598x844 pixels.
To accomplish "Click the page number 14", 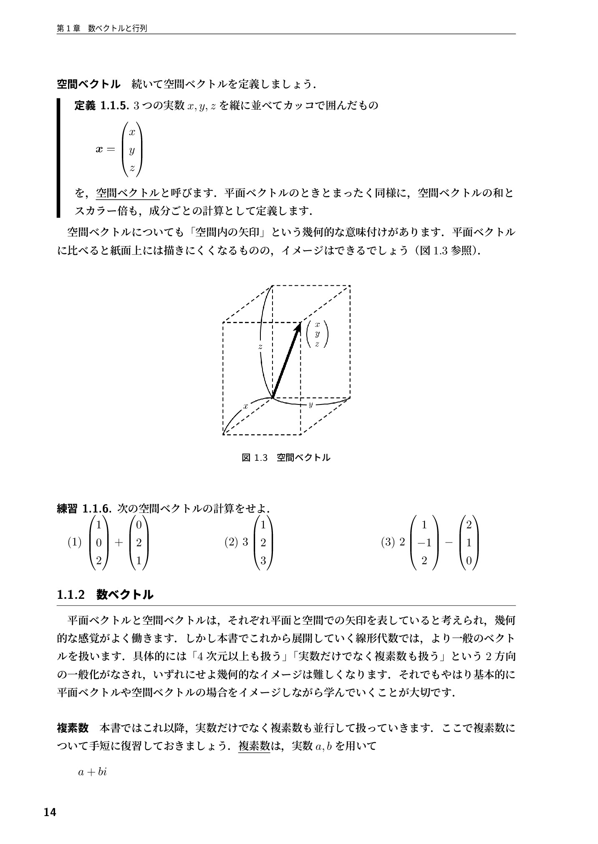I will pos(50,812).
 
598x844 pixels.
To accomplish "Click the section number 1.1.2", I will pos(71,594).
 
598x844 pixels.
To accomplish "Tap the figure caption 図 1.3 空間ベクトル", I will pos(286,457).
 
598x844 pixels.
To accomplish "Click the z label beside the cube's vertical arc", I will pos(260,347).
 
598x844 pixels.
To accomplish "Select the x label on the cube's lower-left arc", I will pos(246,405).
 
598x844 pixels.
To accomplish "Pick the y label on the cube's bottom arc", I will pos(310,404).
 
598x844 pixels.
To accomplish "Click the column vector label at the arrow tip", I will pos(317,334).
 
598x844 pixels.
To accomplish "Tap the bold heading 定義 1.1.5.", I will pos(100,105).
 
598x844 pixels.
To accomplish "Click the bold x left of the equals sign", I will pos(99,149).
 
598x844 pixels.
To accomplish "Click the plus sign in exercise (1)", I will pos(119,543).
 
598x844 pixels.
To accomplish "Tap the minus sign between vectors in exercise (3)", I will pos(449,543).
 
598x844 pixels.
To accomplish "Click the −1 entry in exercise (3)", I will pos(424,543).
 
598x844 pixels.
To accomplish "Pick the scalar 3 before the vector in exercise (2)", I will pos(245,542).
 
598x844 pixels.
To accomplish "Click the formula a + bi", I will pos(93,772).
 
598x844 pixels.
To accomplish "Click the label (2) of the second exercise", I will pos(231,542).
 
